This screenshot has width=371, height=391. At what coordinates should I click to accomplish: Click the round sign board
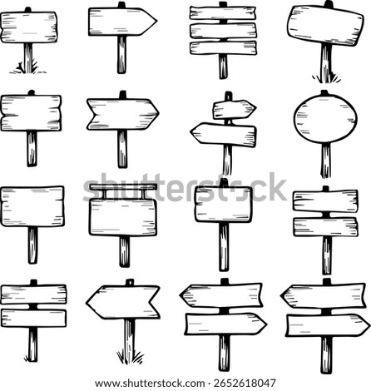(325, 119)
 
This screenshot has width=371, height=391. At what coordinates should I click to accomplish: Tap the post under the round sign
(326, 161)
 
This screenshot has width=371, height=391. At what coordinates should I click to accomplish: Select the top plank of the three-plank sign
(223, 12)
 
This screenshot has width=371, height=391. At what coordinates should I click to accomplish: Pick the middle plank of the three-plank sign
(223, 31)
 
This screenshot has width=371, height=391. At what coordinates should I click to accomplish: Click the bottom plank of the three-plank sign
(223, 47)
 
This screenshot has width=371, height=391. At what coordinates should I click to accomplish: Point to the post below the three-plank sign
(223, 67)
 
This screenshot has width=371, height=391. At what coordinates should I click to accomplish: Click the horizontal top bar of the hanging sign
(123, 187)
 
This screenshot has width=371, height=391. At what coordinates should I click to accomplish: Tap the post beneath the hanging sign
(125, 251)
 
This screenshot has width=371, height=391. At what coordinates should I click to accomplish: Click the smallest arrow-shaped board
(235, 109)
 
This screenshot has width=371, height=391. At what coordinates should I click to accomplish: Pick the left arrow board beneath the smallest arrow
(224, 135)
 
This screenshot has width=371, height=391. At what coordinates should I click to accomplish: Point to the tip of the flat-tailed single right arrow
(156, 21)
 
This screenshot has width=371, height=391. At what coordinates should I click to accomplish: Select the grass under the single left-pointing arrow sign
(130, 357)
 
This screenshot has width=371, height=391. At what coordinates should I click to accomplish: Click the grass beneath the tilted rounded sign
(326, 78)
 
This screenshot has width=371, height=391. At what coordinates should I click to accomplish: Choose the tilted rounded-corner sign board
(325, 25)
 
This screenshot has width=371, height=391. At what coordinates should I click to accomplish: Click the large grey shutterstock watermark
(185, 188)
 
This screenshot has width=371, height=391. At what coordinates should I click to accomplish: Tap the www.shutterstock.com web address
(150, 384)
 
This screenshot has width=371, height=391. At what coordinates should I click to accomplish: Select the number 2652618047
(245, 384)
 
